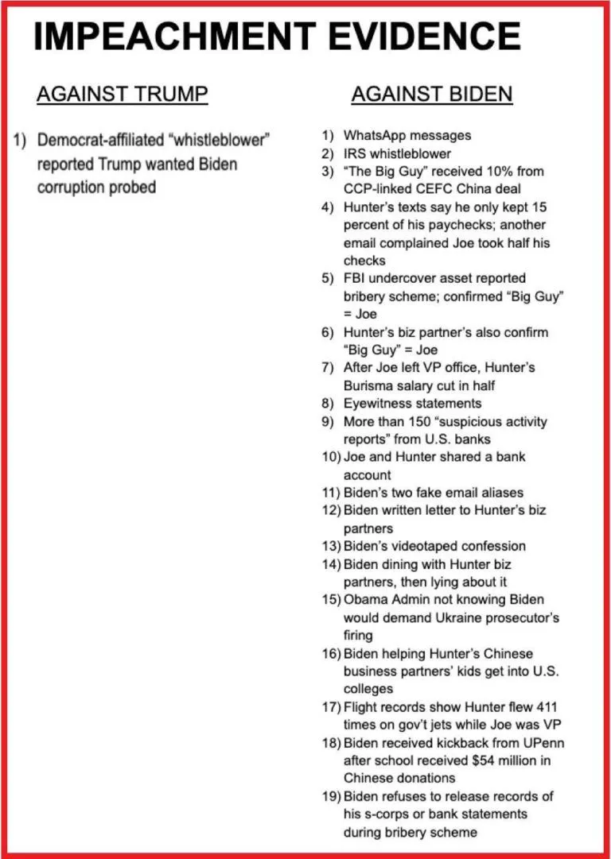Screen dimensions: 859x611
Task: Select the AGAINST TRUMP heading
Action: (122, 95)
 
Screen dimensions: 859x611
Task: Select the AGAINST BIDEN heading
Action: (431, 95)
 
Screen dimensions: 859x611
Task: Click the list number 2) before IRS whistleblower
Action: (328, 153)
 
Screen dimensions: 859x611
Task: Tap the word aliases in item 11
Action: (495, 493)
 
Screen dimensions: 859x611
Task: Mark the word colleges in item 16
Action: (368, 689)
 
